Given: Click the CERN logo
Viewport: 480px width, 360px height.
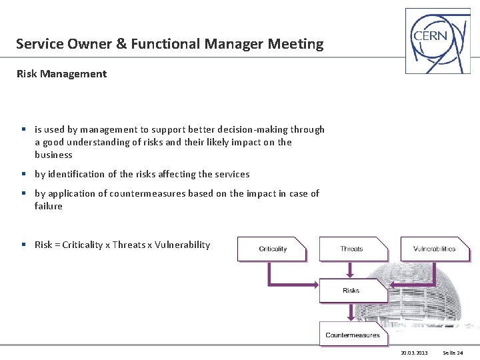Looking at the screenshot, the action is [437, 40].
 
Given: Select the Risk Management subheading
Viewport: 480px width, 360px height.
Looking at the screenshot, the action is [61, 74].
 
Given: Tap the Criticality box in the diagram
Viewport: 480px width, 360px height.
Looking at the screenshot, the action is [272, 249].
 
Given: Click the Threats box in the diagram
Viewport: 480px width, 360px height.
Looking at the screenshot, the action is [352, 249].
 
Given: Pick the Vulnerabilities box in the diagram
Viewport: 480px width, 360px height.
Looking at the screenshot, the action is [434, 249].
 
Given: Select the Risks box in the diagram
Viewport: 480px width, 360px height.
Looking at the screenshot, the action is [351, 291].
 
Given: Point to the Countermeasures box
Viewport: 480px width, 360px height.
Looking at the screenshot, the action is [352, 335].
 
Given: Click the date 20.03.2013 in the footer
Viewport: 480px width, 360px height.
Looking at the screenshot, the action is [414, 352].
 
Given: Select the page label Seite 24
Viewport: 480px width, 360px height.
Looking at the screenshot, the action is [453, 352].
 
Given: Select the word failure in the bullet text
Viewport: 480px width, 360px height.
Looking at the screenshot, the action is [49, 206].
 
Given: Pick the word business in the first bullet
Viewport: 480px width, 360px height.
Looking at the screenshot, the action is [53, 155].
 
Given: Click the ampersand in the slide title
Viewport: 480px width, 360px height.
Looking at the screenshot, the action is [121, 45].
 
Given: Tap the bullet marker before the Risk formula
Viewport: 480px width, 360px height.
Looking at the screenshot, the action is [23, 245].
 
